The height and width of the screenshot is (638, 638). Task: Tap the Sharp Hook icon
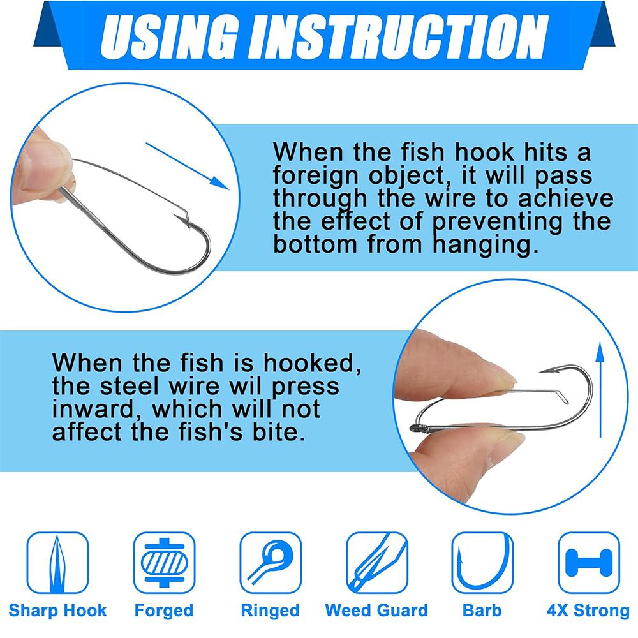point(57,563)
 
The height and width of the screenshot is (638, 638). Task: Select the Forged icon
point(165,563)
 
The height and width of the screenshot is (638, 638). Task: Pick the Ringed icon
point(271,563)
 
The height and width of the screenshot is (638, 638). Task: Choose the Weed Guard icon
point(377,563)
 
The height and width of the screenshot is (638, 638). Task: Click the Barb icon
point(482,563)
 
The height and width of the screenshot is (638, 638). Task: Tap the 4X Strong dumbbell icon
point(589,563)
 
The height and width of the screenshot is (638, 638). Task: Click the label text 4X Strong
point(588,611)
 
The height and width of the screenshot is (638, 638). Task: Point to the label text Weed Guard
point(376,611)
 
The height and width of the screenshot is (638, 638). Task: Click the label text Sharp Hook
point(57,611)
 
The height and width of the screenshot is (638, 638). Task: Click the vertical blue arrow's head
point(600,352)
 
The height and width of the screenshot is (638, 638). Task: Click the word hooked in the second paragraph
point(312,362)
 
